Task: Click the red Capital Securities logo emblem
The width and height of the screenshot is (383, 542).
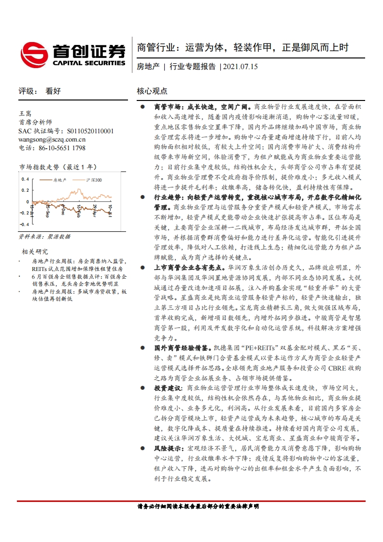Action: pyautogui.click(x=34, y=54)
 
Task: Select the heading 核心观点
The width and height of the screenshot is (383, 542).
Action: pyautogui.click(x=152, y=90)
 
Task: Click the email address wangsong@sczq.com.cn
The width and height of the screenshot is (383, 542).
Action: pyautogui.click(x=52, y=139)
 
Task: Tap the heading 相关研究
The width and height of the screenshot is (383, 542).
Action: pyautogui.click(x=35, y=251)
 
